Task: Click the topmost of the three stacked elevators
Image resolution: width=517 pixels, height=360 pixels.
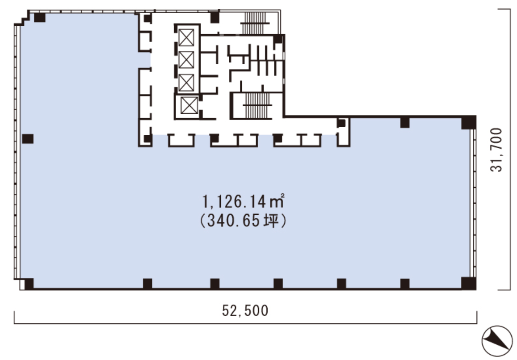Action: [x=186, y=38]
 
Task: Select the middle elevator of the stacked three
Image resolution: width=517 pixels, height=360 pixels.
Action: [x=186, y=59]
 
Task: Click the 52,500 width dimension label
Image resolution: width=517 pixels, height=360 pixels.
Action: [x=245, y=311]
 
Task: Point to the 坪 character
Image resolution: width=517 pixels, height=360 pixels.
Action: [x=271, y=222]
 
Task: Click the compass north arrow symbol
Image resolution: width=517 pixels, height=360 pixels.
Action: [x=497, y=339]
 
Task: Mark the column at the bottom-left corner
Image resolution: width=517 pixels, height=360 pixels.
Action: [x=29, y=283]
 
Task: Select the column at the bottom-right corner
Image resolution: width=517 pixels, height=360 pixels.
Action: [x=468, y=283]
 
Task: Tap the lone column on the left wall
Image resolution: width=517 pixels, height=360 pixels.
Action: [x=28, y=139]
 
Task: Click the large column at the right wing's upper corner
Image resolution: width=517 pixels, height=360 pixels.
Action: [x=468, y=122]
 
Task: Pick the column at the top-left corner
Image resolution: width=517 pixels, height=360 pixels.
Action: [x=39, y=18]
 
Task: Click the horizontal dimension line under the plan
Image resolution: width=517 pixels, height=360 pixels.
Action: [x=245, y=323]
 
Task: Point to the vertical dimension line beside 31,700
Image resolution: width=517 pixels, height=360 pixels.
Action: [x=510, y=149]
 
